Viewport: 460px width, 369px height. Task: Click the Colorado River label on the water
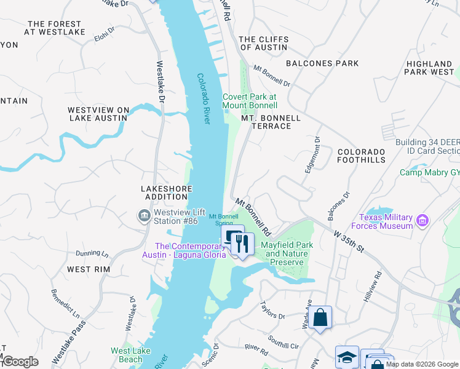click(x=204, y=98)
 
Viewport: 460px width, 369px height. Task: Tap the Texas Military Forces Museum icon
click(x=422, y=220)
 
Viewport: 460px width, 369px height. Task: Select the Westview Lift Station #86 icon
click(x=143, y=215)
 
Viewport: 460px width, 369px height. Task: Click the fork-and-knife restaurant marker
click(x=243, y=245)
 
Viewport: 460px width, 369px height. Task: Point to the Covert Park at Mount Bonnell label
click(x=250, y=101)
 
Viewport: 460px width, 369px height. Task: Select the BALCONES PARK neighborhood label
click(x=322, y=63)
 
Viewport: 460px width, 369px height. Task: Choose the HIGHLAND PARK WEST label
click(x=429, y=68)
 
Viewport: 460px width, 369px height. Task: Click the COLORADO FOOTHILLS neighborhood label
click(x=361, y=156)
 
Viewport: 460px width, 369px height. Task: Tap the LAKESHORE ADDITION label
click(x=166, y=192)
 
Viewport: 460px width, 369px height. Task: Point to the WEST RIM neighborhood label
click(x=88, y=269)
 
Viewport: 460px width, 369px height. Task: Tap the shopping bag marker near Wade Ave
click(x=320, y=318)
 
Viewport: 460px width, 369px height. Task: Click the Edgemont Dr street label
click(x=312, y=154)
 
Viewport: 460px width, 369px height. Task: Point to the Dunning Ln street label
click(x=92, y=253)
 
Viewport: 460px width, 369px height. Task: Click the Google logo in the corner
click(x=20, y=362)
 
